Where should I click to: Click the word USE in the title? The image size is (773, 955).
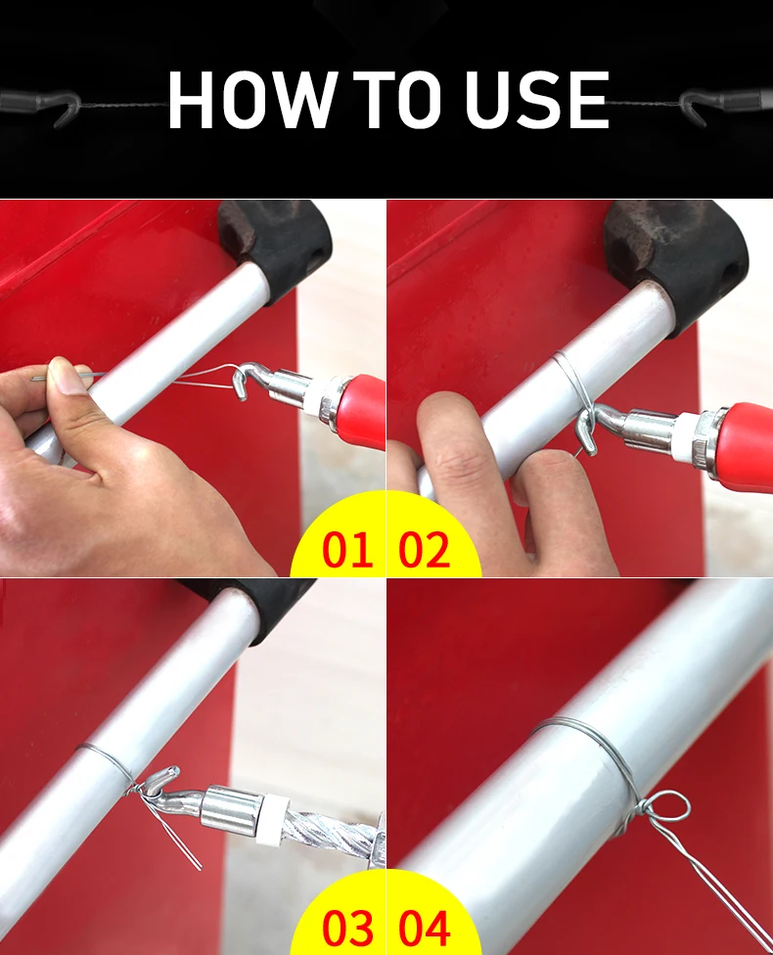click(x=536, y=99)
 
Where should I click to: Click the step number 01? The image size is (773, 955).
click(x=346, y=549)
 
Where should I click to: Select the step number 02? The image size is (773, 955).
click(x=425, y=549)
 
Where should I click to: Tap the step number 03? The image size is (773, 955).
click(x=347, y=928)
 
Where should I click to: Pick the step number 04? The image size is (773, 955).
click(x=425, y=928)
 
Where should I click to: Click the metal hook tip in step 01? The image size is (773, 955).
click(x=242, y=397)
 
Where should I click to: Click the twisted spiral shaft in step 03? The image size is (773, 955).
click(x=332, y=832)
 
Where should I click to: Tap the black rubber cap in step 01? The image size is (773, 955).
click(x=277, y=246)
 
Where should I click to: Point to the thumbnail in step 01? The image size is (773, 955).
click(x=66, y=375)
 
